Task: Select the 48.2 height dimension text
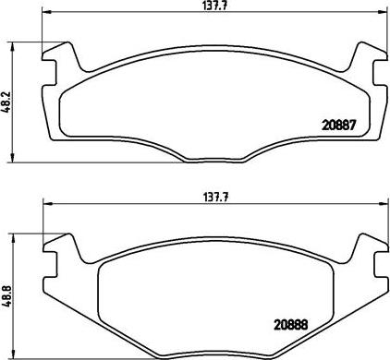[6, 102]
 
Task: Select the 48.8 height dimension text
[6, 295]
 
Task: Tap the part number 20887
[339, 126]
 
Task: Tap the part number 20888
[291, 325]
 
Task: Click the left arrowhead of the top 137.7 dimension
[46, 12]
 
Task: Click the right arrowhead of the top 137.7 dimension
[383, 12]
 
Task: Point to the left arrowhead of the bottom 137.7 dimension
[48, 204]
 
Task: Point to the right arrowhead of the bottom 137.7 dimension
[383, 204]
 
